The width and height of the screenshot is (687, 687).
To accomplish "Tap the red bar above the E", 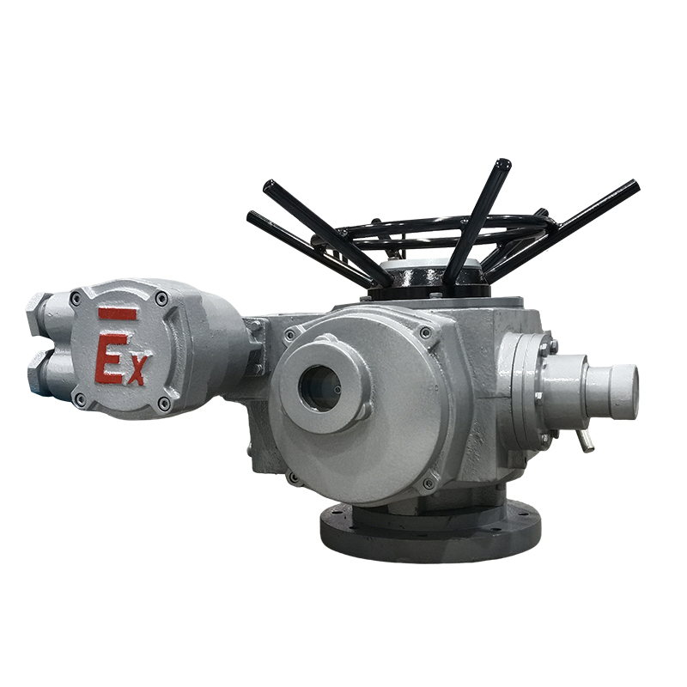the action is click(118, 313).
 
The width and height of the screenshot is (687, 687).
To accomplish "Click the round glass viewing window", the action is click(319, 388).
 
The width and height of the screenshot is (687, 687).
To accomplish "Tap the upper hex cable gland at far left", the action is click(37, 314).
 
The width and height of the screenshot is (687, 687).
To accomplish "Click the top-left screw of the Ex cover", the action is click(76, 299).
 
